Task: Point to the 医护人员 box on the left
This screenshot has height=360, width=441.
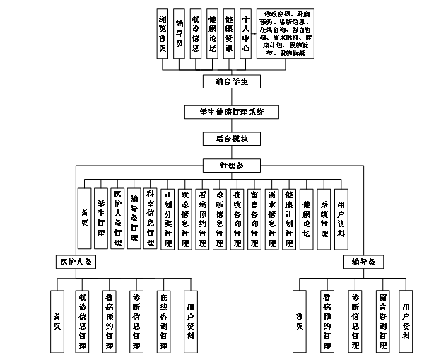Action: tap(76, 262)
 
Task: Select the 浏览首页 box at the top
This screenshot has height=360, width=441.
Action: tap(163, 33)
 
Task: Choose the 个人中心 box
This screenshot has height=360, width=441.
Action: tap(245, 33)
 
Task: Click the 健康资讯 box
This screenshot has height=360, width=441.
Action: tap(228, 33)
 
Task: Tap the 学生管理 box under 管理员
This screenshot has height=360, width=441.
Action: tap(101, 217)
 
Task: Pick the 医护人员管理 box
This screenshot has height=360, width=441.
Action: tap(118, 217)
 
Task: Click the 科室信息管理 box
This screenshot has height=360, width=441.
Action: tap(150, 217)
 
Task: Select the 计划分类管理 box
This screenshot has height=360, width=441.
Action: tap(168, 217)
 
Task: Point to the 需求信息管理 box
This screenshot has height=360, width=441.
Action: tap(271, 217)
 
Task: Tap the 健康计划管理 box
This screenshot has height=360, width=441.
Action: tap(288, 217)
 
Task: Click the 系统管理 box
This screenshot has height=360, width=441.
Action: tap(324, 217)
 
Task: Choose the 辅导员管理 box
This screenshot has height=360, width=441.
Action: tap(134, 217)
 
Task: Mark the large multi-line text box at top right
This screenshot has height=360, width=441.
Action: tap(288, 33)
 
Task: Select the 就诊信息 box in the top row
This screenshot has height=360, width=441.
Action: tap(196, 33)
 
